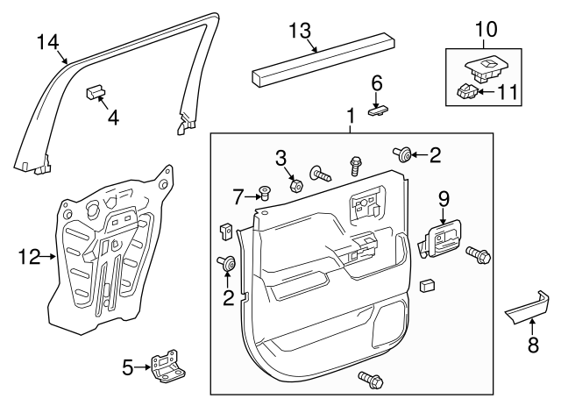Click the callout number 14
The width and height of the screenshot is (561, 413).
(48, 41)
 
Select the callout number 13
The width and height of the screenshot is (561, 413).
(300, 32)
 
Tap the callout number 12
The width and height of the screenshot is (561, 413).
(28, 256)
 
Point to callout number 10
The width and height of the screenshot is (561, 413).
(485, 30)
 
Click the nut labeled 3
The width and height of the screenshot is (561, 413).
(295, 185)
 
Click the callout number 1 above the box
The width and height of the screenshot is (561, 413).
(350, 116)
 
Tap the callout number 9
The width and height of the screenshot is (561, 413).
(444, 199)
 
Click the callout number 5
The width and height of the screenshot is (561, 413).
(129, 368)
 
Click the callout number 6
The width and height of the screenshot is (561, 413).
(377, 83)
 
